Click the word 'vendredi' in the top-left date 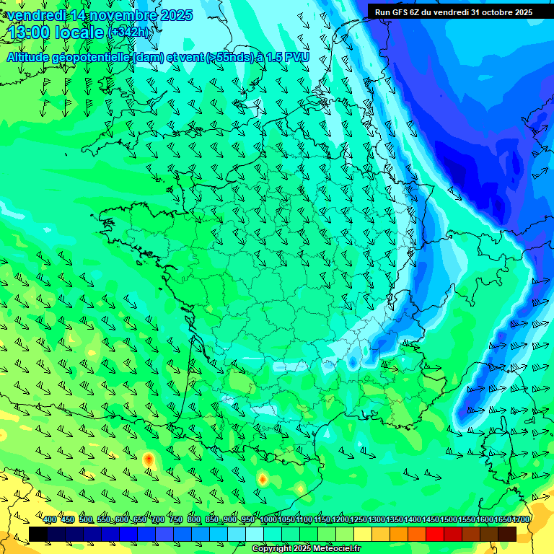[36, 15]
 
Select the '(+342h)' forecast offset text [129, 33]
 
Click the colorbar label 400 [50, 520]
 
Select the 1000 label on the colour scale [268, 520]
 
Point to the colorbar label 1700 [521, 520]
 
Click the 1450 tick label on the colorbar [431, 520]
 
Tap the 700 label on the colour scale [158, 520]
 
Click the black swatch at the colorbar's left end [38, 534]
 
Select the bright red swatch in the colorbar [435, 534]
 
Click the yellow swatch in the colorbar [363, 534]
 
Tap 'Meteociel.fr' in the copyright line [335, 549]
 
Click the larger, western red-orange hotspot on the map [149, 459]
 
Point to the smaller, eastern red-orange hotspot [263, 479]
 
